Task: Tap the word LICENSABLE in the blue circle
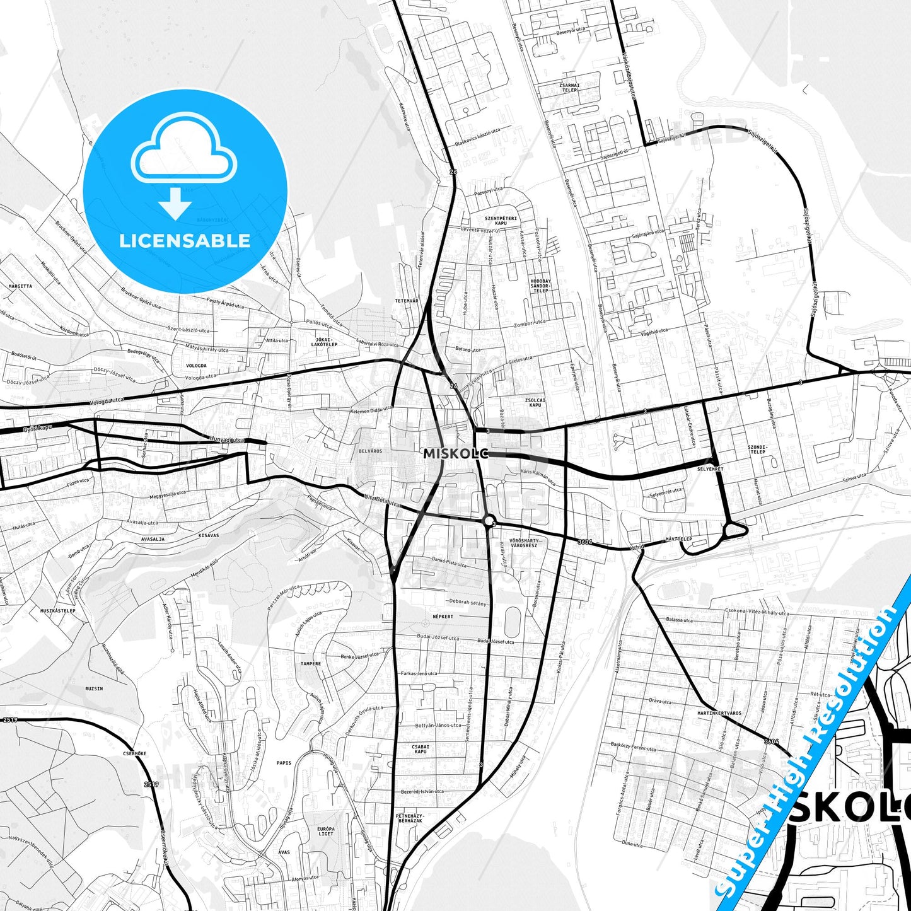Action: click(185, 240)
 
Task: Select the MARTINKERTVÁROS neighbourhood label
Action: click(719, 713)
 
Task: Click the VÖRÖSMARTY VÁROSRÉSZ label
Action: click(524, 543)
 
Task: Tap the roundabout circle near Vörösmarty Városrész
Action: click(488, 521)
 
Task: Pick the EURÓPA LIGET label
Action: click(326, 831)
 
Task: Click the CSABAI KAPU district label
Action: click(421, 749)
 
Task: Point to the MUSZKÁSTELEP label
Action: click(58, 610)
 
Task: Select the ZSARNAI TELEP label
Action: click(569, 88)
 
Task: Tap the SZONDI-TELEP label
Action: click(757, 450)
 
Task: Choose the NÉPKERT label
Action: click(443, 616)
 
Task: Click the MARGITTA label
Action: click(20, 286)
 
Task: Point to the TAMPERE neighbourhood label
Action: click(310, 663)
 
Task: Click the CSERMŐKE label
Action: click(135, 753)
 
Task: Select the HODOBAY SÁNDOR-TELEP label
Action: click(540, 286)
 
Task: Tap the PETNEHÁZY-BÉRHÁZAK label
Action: click(410, 818)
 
